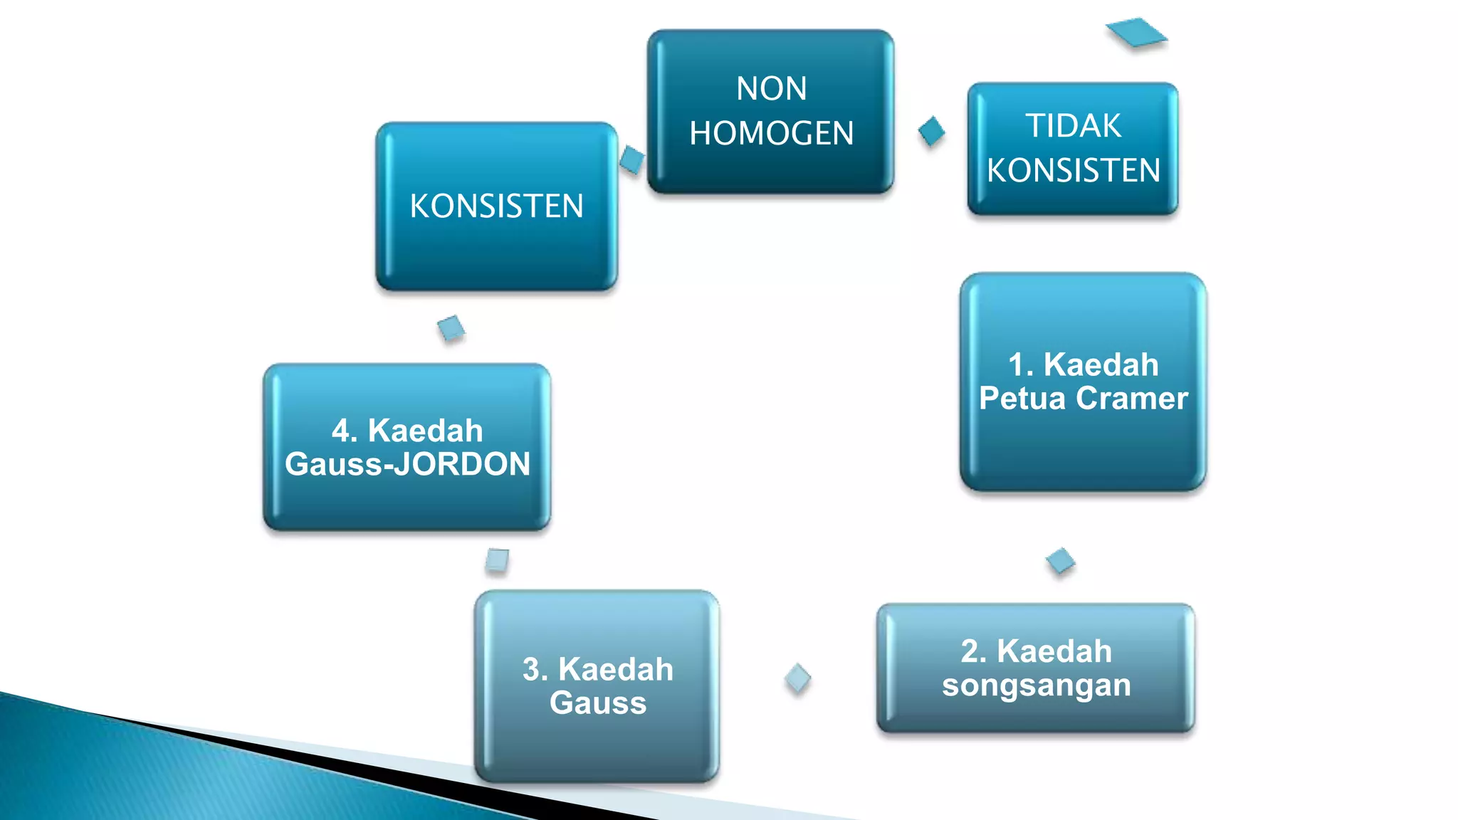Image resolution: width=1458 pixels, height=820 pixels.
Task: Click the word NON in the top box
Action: [x=771, y=89]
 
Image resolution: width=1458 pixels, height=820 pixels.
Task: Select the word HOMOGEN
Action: [x=771, y=134]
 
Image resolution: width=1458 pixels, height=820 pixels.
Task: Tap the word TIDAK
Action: [x=1073, y=126]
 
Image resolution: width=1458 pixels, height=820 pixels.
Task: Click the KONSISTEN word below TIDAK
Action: [x=1073, y=171]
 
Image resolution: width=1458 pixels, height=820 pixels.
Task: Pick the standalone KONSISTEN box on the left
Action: [x=496, y=206]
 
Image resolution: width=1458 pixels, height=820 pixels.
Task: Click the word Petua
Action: [x=1023, y=399]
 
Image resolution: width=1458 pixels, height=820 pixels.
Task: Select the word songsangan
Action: [x=1036, y=685]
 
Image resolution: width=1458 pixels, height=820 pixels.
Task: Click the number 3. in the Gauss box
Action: [x=535, y=670]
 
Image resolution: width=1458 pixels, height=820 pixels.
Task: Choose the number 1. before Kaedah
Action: [x=1021, y=365]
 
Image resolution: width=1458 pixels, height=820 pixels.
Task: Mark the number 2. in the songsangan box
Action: [x=973, y=651]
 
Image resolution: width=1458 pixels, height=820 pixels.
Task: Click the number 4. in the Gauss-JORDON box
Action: [x=345, y=431]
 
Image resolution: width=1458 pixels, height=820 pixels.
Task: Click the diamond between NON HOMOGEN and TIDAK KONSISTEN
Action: [x=931, y=131]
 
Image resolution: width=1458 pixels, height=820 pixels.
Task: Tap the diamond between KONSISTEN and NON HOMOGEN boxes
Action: [x=632, y=159]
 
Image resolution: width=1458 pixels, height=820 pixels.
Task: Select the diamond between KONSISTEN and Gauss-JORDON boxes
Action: [x=451, y=328]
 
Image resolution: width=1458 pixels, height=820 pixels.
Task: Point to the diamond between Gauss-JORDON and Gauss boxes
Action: [x=497, y=560]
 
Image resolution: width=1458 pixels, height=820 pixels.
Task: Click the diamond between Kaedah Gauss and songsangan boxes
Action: [x=797, y=678]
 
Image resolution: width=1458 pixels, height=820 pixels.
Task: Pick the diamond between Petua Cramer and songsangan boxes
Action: [x=1060, y=561]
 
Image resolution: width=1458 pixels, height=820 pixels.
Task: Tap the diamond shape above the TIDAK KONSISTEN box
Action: [x=1136, y=33]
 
